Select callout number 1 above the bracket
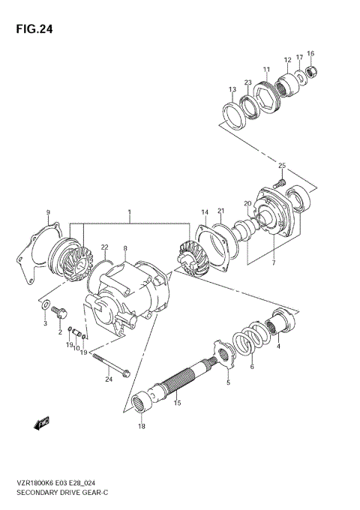(129, 213)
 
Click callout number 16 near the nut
(310, 53)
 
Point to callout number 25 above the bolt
(282, 166)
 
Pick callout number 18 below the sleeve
(142, 427)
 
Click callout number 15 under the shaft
(178, 404)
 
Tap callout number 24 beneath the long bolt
(109, 379)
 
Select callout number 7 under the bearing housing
(273, 263)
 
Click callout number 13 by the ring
(232, 89)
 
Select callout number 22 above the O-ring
(105, 247)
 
